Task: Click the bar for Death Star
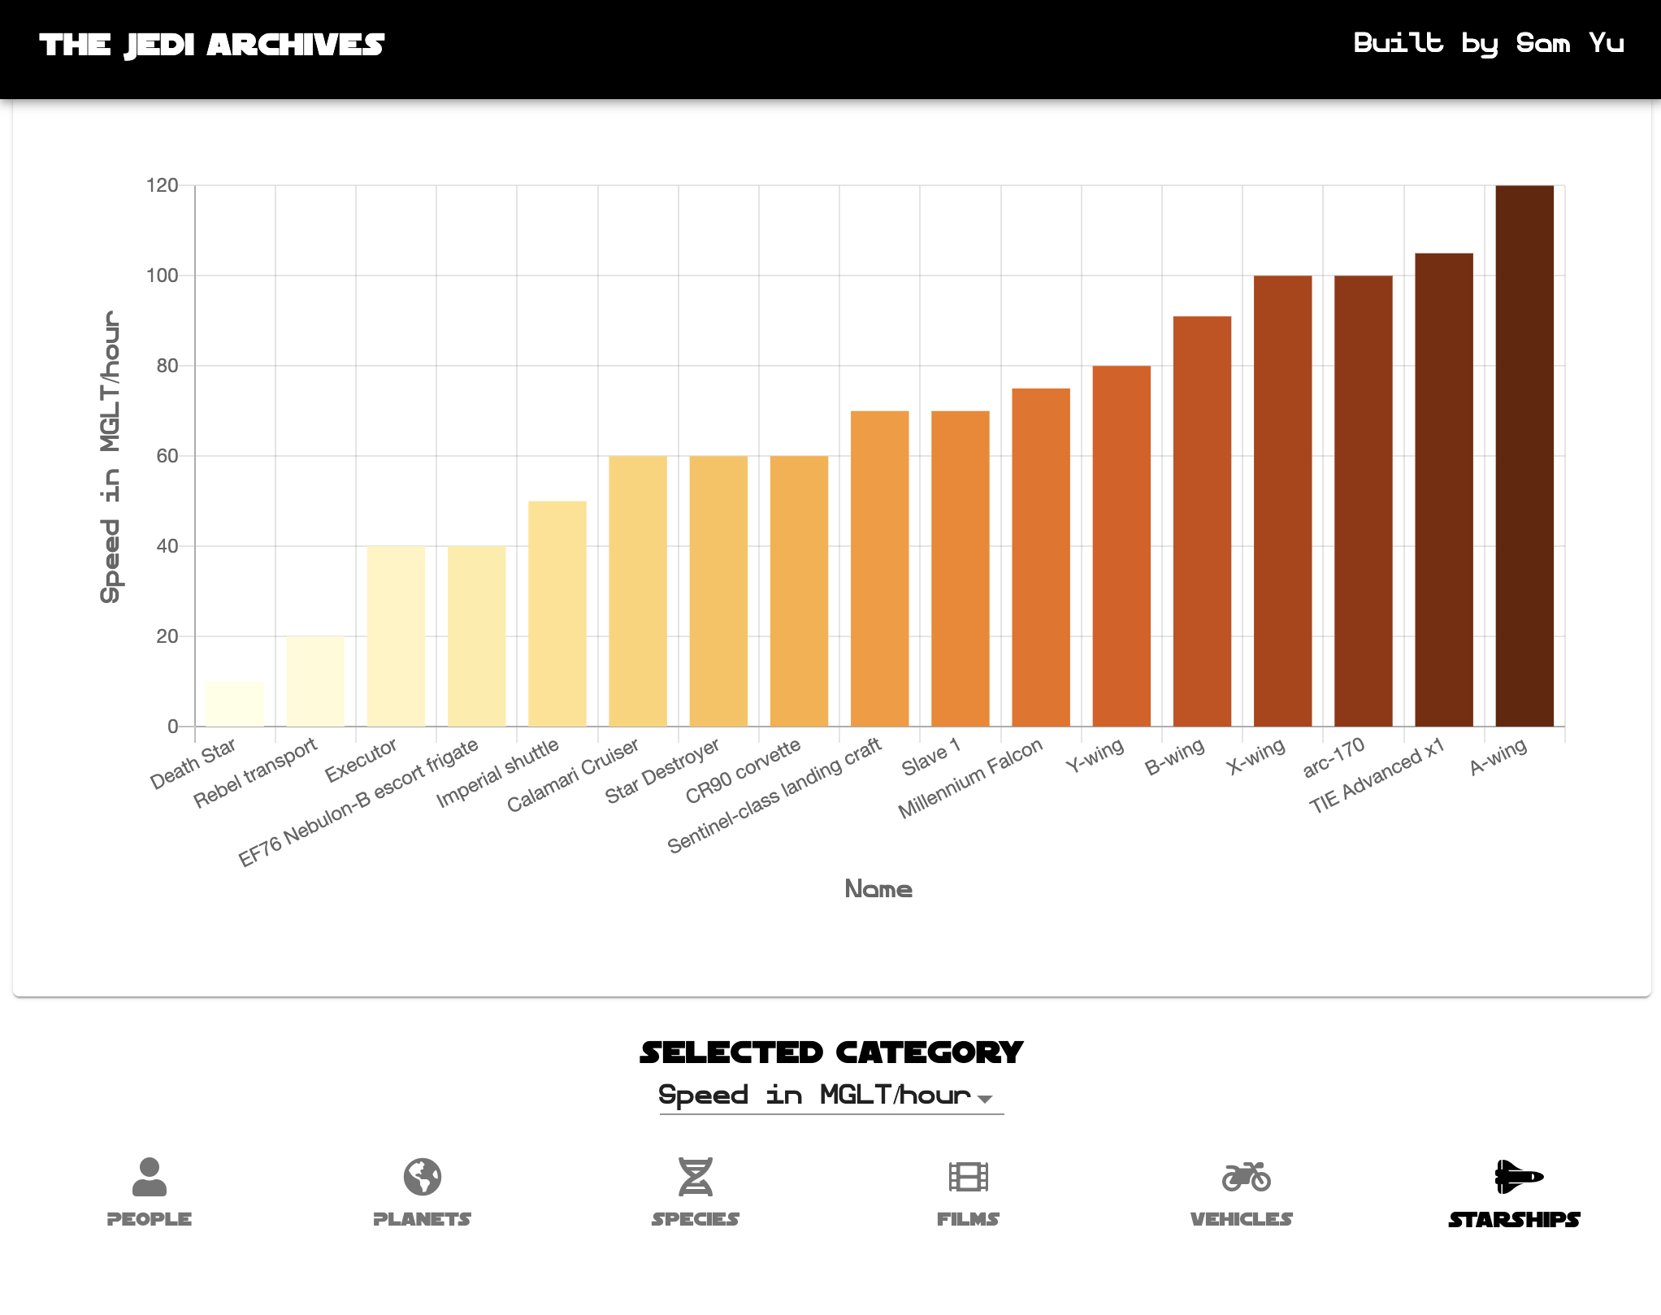coord(235,704)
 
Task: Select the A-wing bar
coord(1524,456)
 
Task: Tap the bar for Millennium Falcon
coord(1041,558)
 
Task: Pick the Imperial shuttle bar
coord(557,614)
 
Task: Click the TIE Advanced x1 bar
coord(1444,490)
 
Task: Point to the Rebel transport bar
coord(315,681)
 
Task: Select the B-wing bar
coord(1202,521)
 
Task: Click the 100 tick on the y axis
coord(162,276)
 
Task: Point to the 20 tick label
coord(167,636)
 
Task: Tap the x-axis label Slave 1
coord(931,757)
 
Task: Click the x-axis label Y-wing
coord(1095,756)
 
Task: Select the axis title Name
coord(878,889)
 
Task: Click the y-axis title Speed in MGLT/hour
coord(111,456)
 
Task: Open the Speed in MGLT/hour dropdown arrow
coord(985,1099)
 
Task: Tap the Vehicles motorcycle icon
coord(1246,1176)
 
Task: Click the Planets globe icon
coord(423,1176)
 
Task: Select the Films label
coord(968,1219)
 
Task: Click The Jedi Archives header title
coord(212,45)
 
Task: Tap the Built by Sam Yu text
coord(1488,43)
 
